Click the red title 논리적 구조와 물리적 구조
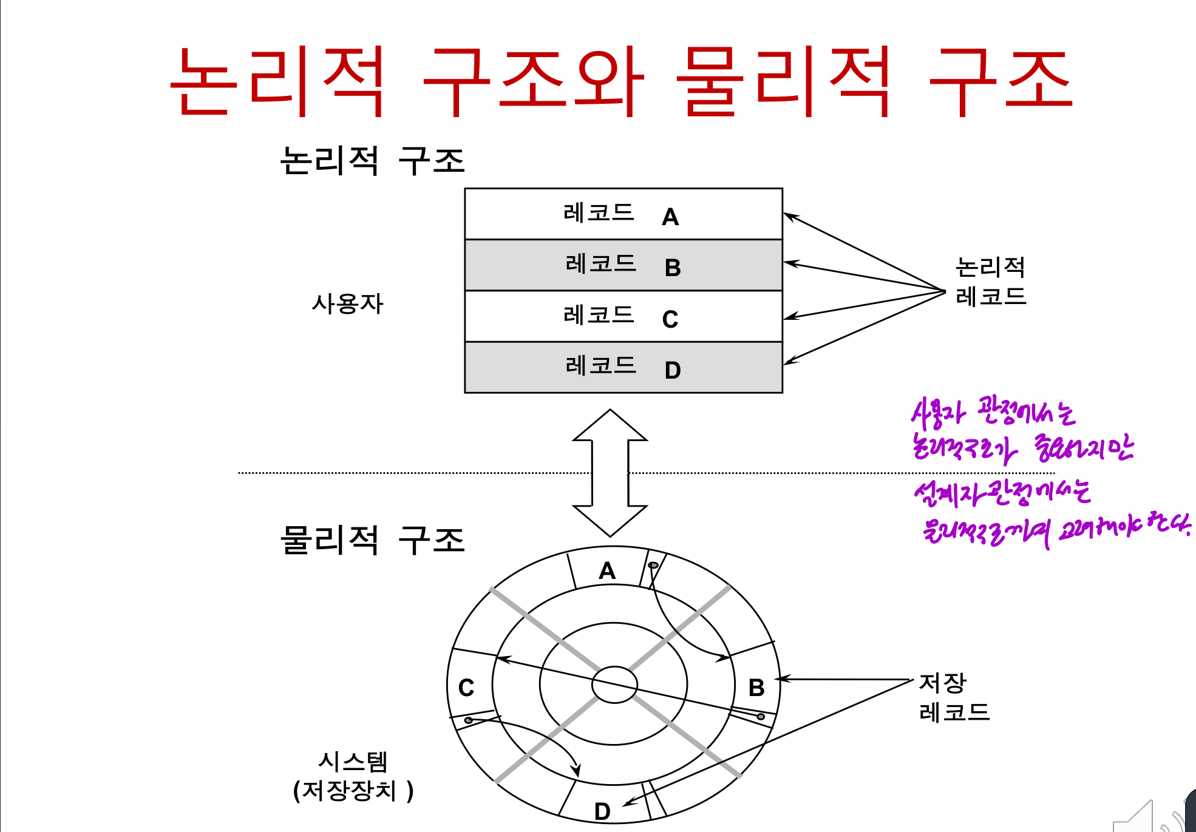pos(621,82)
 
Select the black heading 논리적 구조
pos(372,161)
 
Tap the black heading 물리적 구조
pos(372,539)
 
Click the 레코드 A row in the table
pos(623,214)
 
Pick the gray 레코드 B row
pos(623,265)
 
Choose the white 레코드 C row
pos(623,316)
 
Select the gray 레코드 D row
pos(623,368)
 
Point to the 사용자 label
pos(347,303)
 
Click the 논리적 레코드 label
pos(990,281)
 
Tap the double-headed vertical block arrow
pos(610,473)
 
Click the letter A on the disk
pos(607,570)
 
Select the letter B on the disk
pos(756,688)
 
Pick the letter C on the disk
pos(466,688)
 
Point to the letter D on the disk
pos(602,811)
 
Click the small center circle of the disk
pos(614,685)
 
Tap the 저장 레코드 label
pos(954,697)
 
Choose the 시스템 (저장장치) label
pos(353,776)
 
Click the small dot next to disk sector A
pos(653,566)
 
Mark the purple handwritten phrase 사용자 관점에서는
pos(993,412)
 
